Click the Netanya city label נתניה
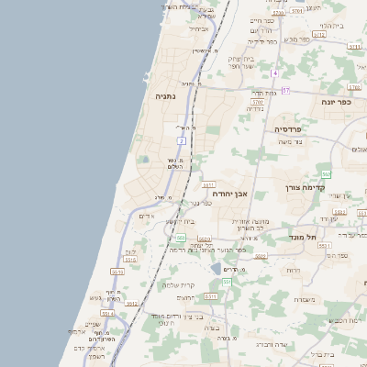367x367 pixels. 164,95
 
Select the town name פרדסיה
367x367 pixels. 294,129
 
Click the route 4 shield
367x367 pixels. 274,72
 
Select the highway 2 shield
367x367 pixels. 183,141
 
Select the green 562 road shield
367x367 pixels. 326,173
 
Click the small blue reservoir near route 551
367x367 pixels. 217,269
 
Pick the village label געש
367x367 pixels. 95,297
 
